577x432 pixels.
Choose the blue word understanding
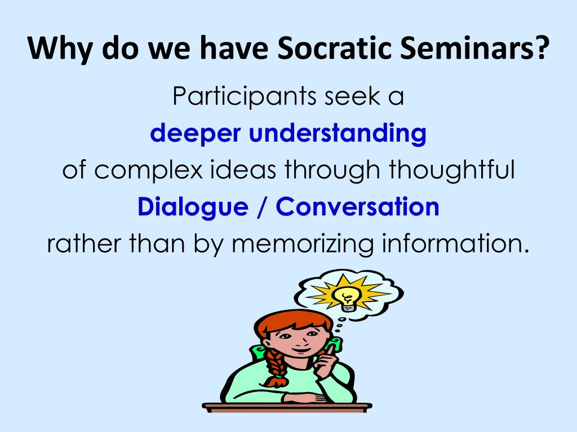click(338, 133)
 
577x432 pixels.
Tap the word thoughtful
click(452, 169)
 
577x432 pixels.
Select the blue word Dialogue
click(193, 207)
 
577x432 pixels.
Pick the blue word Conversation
click(357, 206)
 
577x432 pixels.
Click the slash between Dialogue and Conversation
click(261, 207)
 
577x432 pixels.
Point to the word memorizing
click(303, 244)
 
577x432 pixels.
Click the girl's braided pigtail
click(275, 368)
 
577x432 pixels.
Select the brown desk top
click(287, 407)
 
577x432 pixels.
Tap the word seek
click(352, 97)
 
